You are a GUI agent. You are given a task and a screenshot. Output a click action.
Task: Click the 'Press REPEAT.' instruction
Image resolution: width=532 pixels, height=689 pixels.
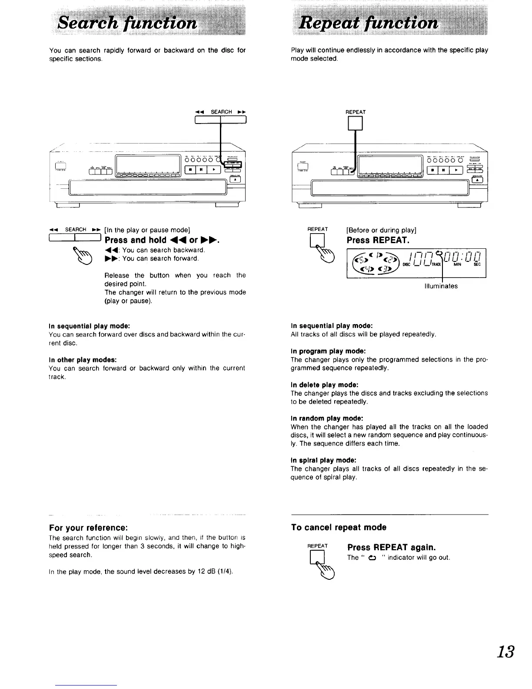pos(377,241)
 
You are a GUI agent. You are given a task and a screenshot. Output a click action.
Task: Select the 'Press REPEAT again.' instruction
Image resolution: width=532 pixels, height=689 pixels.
pos(391,547)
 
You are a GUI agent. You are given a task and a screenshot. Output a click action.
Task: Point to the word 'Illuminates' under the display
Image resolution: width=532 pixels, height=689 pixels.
pos(441,286)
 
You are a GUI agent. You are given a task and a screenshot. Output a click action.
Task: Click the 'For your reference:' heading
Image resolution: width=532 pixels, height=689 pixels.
pos(88,528)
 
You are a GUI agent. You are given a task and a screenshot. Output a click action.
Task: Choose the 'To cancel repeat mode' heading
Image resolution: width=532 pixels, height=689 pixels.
pos(339,527)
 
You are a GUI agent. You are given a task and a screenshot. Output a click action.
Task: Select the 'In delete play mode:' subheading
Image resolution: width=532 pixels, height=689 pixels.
pos(324,385)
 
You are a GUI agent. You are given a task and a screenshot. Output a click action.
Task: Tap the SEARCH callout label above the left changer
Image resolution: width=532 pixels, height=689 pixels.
pos(221,112)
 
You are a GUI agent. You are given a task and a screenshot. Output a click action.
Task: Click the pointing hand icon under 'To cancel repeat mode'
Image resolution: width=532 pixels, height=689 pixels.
pos(327,572)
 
